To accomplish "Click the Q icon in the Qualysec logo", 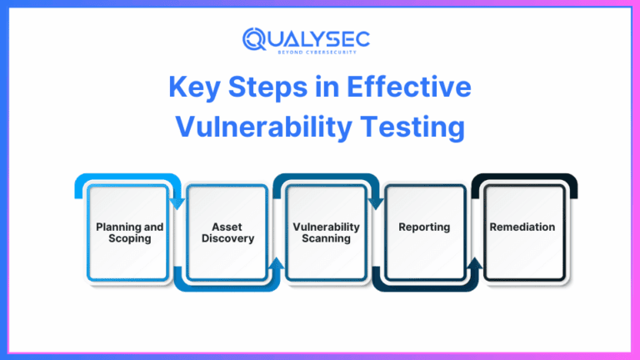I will point(253,38).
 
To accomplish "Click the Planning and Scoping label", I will point(129,232).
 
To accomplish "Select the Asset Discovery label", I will point(227,232).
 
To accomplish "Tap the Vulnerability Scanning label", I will point(326,232).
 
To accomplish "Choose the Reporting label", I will point(424,227).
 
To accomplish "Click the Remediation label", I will point(522,227).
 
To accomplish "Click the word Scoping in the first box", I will point(129,237).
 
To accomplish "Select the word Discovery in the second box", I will point(227,237).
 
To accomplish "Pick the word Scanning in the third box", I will point(326,237).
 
